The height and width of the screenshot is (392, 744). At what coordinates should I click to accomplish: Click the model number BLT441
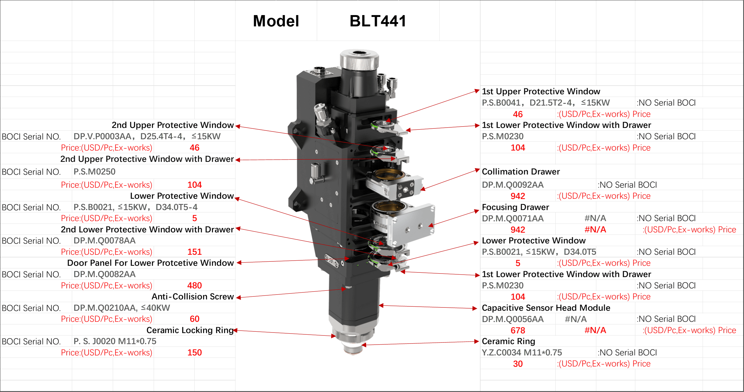378,21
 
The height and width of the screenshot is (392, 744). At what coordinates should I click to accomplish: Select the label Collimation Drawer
521,171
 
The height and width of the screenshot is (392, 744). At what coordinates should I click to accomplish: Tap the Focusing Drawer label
515,207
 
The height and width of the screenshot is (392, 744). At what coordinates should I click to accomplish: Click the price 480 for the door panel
194,285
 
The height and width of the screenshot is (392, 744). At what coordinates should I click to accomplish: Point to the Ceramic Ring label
508,341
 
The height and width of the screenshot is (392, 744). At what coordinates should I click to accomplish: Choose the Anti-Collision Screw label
193,296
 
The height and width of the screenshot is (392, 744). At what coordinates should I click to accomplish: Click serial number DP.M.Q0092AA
513,185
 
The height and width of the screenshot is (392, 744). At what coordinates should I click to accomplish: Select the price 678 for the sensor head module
518,330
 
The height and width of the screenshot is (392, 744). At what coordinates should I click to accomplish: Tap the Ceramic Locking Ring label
190,330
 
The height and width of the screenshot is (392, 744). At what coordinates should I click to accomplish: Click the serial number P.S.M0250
94,171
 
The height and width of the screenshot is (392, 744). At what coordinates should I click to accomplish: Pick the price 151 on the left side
194,252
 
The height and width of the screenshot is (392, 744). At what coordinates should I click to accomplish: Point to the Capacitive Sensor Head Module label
546,308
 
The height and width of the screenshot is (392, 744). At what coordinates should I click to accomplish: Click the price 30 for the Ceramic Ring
518,364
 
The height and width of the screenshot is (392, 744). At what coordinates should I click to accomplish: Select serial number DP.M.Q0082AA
104,274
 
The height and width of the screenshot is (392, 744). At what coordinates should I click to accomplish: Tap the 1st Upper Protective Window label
541,91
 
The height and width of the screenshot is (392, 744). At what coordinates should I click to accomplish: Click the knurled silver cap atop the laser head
359,59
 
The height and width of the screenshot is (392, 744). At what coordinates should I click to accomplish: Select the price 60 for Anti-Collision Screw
194,319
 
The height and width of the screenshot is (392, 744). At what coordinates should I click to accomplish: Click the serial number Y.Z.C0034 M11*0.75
522,352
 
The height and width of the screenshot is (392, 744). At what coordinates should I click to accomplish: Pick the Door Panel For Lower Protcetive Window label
150,263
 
